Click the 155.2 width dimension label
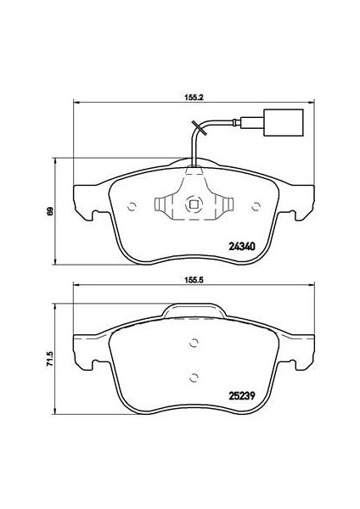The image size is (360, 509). point(194,98)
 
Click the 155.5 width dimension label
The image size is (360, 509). point(194,279)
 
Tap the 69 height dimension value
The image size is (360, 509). point(50,211)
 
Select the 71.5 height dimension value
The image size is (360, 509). point(50,359)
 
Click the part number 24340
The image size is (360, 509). point(242,247)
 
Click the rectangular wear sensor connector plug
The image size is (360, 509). point(284,122)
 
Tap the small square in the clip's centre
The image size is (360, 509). point(194,204)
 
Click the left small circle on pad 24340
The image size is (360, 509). point(132,206)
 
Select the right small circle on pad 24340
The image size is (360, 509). point(256,206)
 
